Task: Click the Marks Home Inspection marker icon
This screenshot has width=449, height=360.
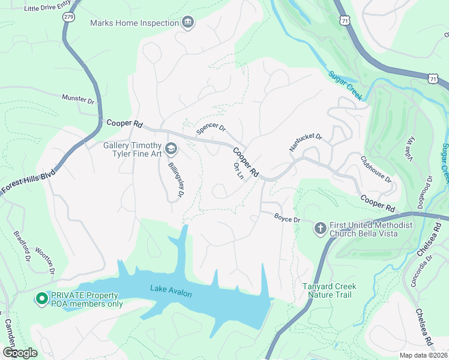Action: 188,23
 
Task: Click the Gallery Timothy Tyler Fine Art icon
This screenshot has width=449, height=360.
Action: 171,148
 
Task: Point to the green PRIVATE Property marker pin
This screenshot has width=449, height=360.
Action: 42,298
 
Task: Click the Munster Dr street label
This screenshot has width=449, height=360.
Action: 78,98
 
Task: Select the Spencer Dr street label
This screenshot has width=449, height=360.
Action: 211,129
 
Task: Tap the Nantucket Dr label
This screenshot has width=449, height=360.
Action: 306,142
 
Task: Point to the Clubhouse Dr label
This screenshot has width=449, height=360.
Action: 376,170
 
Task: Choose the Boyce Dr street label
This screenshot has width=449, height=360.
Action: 287,219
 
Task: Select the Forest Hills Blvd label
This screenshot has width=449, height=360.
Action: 27,182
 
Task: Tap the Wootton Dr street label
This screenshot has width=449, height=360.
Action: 44,259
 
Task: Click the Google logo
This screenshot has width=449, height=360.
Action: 20,353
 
